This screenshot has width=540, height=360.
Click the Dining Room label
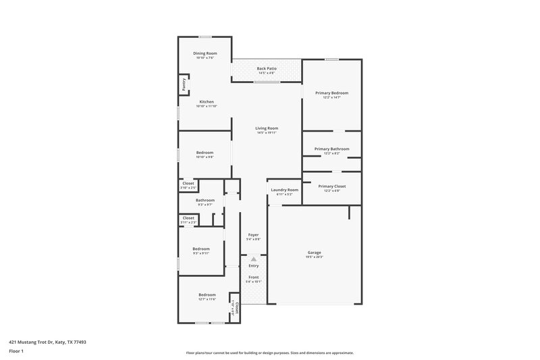205,53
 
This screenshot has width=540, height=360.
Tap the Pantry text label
183,84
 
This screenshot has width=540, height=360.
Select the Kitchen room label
206,102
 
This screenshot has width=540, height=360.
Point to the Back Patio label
267,68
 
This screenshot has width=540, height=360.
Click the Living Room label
267,128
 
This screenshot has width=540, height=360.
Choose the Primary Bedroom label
331,93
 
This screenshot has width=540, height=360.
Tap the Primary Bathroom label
331,149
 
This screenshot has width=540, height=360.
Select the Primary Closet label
331,186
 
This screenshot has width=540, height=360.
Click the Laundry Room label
284,190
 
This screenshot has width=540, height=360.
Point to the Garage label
315,252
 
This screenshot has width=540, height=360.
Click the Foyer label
253,234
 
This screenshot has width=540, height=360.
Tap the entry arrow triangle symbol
254,259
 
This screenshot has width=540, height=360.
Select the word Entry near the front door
253,265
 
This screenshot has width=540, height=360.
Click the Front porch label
253,277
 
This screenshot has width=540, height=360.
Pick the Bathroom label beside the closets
205,200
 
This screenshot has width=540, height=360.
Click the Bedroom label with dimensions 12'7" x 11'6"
207,294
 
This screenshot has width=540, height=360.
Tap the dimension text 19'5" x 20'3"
315,257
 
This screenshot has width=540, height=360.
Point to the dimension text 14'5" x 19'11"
267,132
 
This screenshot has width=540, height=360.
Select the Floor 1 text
16,352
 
